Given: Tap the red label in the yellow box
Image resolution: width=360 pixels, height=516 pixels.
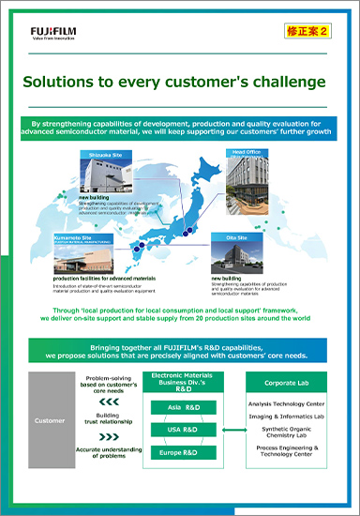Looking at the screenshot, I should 306,30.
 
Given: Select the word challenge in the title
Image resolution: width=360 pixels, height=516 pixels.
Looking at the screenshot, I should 284,82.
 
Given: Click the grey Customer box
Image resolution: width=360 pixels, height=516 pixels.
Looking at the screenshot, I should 49,420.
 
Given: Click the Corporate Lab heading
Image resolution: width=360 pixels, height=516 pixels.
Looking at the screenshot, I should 293,385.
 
